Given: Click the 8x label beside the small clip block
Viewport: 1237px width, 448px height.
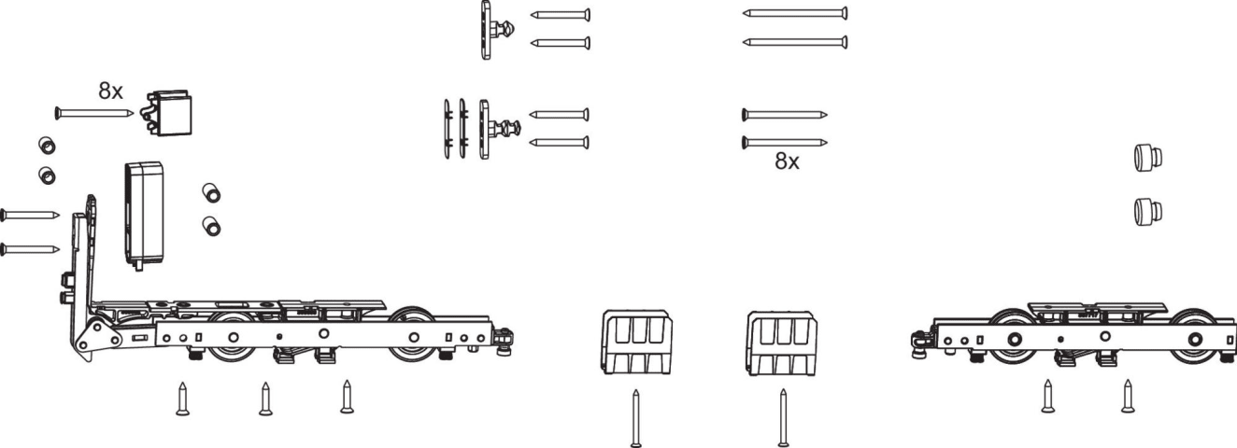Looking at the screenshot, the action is click(110, 91).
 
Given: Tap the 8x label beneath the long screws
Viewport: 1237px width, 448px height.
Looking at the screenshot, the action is click(787, 161).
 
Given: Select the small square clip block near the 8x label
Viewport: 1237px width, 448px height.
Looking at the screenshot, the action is click(168, 113).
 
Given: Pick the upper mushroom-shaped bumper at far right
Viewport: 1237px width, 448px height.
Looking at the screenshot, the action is click(1148, 157).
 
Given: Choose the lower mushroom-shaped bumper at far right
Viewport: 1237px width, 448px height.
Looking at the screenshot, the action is click(1148, 211).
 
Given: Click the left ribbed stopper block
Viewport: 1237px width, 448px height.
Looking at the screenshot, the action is click(637, 343).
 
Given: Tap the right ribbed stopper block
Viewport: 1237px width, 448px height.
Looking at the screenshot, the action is click(781, 343).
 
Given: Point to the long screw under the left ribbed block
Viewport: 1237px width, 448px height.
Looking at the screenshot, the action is click(636, 418).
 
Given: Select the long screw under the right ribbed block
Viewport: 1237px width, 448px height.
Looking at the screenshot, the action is click(783, 417).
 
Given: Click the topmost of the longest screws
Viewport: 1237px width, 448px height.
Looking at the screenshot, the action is click(795, 13).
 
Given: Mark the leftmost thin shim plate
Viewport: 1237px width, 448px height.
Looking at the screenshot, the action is click(447, 129).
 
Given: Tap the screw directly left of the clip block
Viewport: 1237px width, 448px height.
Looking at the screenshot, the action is click(93, 113).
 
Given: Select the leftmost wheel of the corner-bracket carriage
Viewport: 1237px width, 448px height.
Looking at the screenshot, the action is click(234, 338).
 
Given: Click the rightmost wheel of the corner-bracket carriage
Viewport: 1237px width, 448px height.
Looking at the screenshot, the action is click(413, 335).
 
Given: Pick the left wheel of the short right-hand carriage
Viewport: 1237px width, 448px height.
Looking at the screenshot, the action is click(1013, 338).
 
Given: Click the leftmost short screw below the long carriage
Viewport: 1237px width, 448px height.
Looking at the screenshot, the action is click(183, 399).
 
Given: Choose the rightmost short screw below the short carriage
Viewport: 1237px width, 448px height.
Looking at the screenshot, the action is click(1128, 396).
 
